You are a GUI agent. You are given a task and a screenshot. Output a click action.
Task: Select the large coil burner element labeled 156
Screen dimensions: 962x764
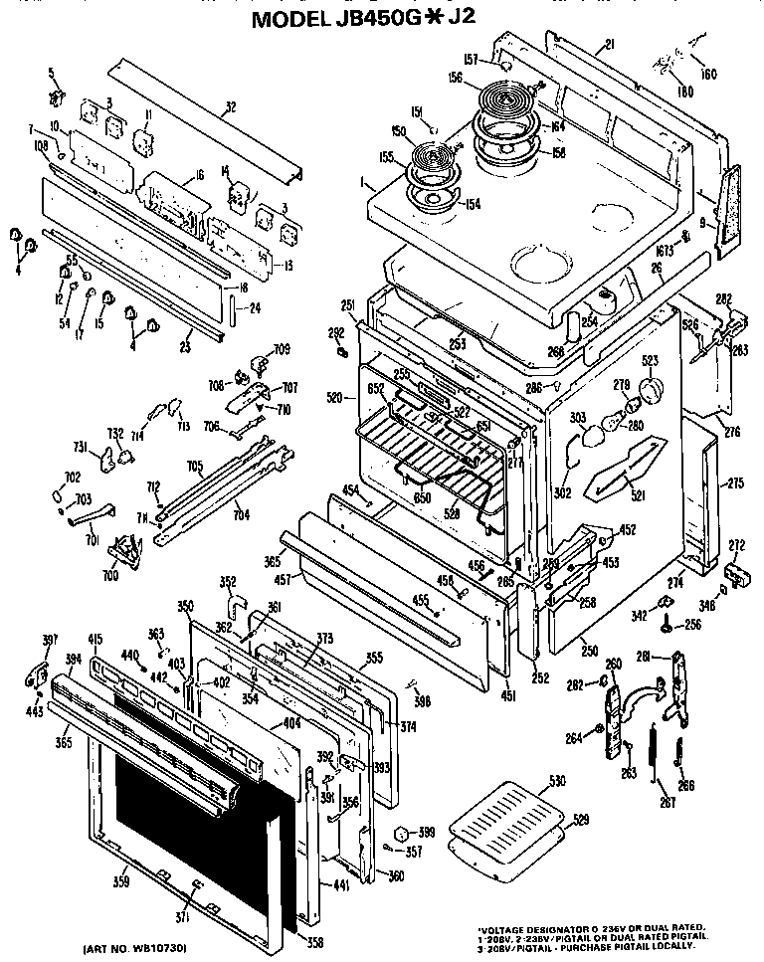click(x=508, y=102)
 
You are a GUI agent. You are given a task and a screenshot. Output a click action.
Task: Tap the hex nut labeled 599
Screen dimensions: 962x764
click(x=402, y=833)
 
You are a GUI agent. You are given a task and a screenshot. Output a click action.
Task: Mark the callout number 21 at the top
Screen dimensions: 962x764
click(x=609, y=45)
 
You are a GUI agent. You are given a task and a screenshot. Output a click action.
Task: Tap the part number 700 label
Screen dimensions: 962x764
click(x=110, y=576)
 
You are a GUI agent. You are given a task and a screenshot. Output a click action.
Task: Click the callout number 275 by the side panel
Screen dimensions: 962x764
click(x=733, y=483)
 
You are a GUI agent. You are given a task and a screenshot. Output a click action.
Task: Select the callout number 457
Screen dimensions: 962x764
click(x=284, y=579)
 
